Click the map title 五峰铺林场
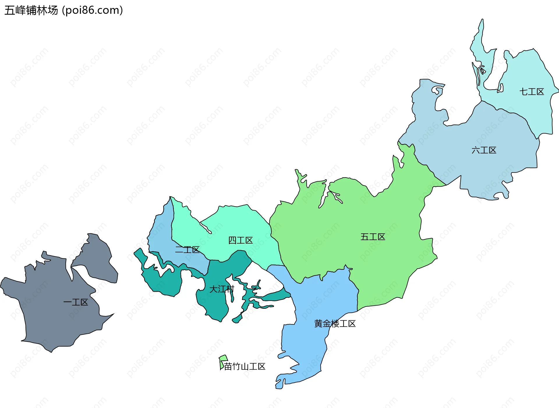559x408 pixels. [31, 10]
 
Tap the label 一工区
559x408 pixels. [76, 302]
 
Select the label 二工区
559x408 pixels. [187, 250]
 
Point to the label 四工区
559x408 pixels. [240, 240]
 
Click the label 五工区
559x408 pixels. [373, 237]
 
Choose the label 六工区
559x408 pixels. [484, 150]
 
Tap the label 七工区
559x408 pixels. [532, 92]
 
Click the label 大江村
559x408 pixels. [222, 289]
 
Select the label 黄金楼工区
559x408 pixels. [335, 324]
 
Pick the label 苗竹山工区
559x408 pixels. [245, 366]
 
